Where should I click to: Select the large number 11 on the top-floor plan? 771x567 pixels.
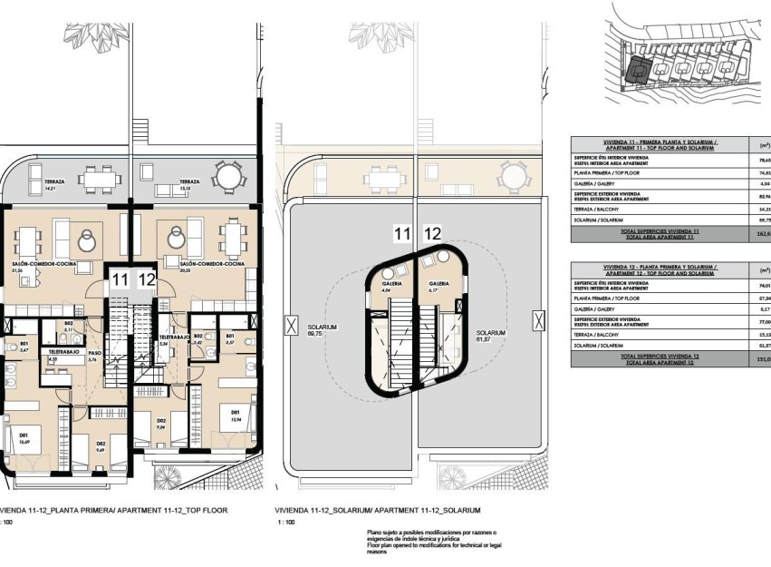(119, 280)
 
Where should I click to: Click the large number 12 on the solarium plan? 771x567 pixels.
(433, 234)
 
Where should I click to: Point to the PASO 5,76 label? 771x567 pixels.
(92, 357)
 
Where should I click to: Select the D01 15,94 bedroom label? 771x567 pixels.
(235, 418)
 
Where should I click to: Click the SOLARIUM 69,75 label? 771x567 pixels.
(316, 330)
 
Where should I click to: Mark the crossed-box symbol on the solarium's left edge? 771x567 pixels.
(290, 324)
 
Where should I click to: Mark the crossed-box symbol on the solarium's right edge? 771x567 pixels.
(540, 319)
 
